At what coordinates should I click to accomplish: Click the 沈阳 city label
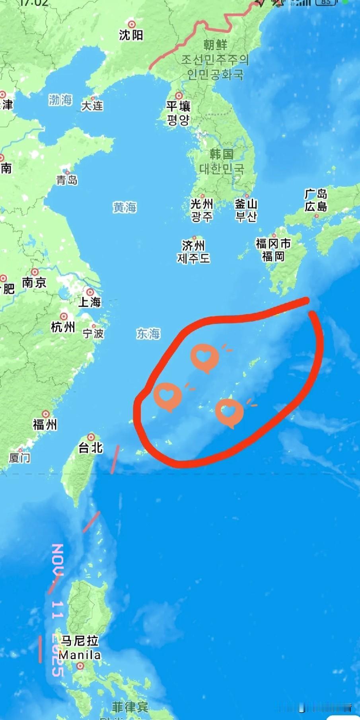tap(131, 35)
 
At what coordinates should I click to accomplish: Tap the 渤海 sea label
tap(60, 100)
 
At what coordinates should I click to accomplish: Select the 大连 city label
tap(92, 106)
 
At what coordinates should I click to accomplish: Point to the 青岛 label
tap(66, 180)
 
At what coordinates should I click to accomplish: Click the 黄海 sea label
tap(125, 207)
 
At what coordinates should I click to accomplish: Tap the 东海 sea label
tap(148, 333)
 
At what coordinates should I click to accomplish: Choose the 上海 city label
tap(90, 302)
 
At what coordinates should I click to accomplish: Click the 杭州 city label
tap(63, 327)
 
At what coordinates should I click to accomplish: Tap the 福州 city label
tap(45, 425)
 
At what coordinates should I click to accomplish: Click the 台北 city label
tap(91, 448)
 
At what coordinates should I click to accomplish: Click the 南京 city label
tap(34, 283)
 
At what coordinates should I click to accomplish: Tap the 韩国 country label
tap(221, 154)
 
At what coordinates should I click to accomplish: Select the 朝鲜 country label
tap(215, 45)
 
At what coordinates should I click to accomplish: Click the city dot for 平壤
tap(179, 96)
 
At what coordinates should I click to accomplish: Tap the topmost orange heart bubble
tap(204, 357)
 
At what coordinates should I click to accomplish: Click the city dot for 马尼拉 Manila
tap(80, 666)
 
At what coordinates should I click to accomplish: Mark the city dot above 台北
tap(91, 437)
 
